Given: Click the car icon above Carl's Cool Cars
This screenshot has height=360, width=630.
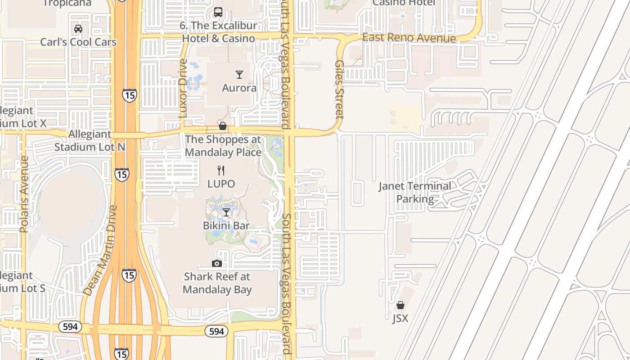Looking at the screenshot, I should pos(78,29).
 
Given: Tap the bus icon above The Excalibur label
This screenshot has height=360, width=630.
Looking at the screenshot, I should pos(218,12).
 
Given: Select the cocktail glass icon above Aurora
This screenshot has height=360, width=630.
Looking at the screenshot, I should pos(239,75).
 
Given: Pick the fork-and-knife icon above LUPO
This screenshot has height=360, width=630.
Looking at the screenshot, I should pos(221,171).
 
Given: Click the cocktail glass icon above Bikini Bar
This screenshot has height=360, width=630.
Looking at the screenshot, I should pos(226,212).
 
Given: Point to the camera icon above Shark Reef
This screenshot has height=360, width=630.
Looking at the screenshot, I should pos(217,263).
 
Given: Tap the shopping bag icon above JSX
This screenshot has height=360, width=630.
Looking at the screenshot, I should pos(400,305).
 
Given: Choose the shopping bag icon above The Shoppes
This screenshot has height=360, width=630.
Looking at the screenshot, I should pos(223,126).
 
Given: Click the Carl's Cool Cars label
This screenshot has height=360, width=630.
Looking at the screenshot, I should pos(78,42).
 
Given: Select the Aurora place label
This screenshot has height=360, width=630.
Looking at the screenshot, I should pos(239,88).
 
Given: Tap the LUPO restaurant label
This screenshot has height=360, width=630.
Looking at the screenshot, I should pos(221,184).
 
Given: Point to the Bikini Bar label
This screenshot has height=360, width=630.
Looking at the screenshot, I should pos(226,225).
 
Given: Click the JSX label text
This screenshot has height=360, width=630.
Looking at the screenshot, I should pos(400,319).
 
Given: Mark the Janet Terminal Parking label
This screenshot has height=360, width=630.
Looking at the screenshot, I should pos(414,193).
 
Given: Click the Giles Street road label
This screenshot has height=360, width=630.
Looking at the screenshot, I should pos(339,90).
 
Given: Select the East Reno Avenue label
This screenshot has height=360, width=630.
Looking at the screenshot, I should pos(409,38).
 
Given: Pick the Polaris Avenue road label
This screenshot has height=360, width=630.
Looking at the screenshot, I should pos(24,194).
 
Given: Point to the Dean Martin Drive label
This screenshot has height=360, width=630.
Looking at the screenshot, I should pos(100,251).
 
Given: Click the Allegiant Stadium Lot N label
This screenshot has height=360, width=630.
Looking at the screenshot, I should pos(90,140).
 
